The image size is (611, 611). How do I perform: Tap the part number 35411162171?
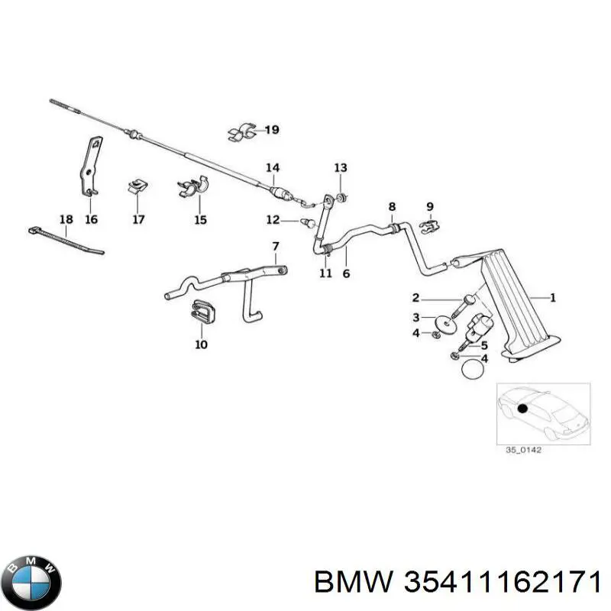tap(502, 584)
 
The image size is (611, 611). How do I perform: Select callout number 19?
tap(272, 129)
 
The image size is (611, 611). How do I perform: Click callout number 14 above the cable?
tap(273, 168)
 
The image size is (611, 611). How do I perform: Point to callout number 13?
tap(341, 168)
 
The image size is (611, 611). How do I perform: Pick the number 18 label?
tap(66, 219)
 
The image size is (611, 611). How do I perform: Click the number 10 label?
tap(201, 344)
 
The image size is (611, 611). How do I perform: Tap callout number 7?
tap(276, 247)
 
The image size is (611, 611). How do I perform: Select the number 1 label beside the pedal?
tap(552, 298)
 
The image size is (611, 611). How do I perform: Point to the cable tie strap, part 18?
tap(66, 240)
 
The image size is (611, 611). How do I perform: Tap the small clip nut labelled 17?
tap(137, 186)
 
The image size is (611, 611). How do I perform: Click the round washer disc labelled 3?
tap(445, 324)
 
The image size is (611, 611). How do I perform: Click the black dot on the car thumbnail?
tap(522, 409)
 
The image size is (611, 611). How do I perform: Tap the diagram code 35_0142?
tap(523, 450)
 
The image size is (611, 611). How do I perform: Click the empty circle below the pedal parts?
tap(472, 368)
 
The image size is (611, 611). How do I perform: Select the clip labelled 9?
tap(430, 226)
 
